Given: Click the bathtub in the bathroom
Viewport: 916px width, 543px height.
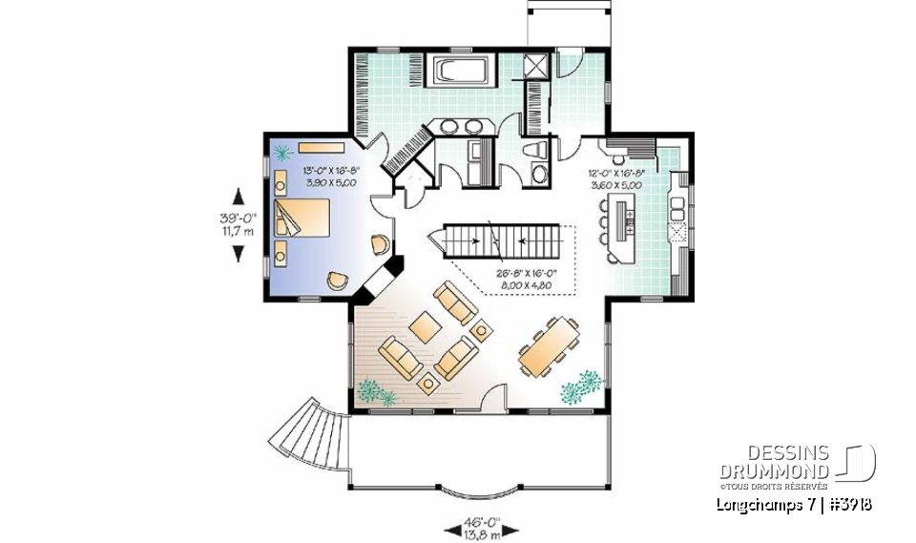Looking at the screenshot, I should pos(463,72).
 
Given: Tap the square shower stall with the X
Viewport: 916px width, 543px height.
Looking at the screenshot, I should pos(537,67).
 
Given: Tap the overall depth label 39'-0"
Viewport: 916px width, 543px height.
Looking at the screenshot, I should pos(239,223).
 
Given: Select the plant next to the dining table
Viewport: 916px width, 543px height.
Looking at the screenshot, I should pos(582,386).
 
